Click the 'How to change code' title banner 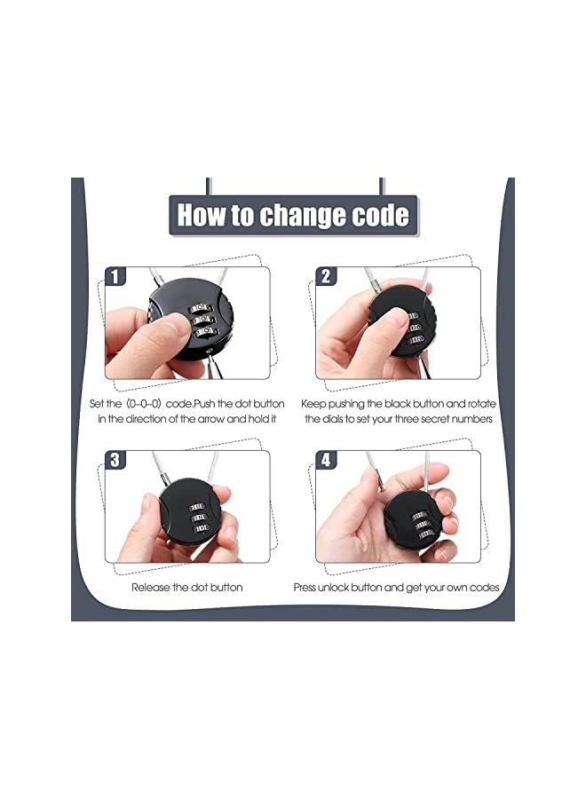click(x=293, y=216)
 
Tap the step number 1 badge click(x=115, y=277)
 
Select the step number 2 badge click(x=325, y=277)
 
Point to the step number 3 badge click(x=115, y=460)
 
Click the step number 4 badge click(x=325, y=460)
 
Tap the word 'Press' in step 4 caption click(x=307, y=588)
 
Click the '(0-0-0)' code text click(x=137, y=404)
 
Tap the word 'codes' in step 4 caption click(x=484, y=588)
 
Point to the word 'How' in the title click(x=200, y=216)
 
